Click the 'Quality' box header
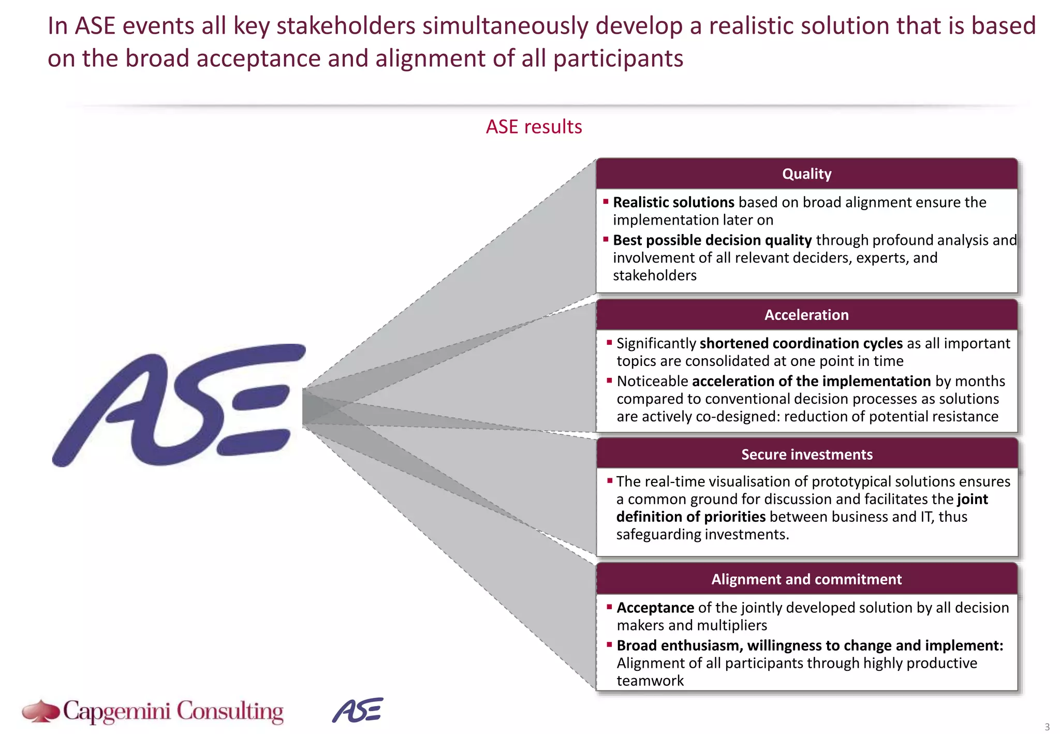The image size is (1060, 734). (806, 174)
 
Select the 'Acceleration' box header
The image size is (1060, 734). (806, 315)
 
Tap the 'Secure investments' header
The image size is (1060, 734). (806, 454)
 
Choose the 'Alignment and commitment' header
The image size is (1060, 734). (806, 579)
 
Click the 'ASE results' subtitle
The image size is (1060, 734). (534, 127)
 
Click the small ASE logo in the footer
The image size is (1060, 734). (358, 710)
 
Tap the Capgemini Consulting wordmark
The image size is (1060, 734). (173, 711)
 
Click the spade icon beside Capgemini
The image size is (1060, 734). (41, 711)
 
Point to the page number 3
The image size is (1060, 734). (1047, 726)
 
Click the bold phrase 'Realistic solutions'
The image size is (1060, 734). (673, 202)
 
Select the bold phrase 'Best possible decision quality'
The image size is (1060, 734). (712, 240)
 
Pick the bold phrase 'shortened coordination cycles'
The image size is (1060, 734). (801, 344)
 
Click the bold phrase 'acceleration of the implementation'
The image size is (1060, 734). (811, 381)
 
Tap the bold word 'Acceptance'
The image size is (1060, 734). (655, 608)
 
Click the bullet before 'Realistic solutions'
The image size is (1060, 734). (606, 201)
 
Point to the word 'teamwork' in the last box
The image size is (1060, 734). (650, 681)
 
